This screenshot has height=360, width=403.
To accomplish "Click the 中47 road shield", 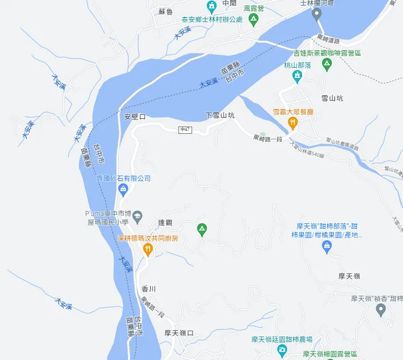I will pos(185,130).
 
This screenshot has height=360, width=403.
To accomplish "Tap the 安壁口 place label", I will pos(135,117).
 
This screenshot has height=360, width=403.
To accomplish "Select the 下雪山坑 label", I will pos(220,115).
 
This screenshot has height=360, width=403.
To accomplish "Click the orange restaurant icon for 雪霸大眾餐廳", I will pos(293,123).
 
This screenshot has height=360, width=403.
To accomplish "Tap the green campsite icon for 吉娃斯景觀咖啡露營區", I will pos(327,65).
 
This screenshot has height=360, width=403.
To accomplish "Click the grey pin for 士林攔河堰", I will pos(316,14).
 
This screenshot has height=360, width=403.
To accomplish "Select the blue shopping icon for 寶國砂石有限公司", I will pos(123,190).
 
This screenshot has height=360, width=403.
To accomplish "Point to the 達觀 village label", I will pos(165,222).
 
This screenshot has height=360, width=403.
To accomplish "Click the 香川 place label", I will pos(149,289).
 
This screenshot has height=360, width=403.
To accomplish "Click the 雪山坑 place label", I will pos(332,99).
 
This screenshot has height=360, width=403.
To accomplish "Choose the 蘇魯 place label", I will pos(166,11).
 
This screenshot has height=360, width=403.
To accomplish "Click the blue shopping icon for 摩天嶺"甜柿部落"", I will pos(327,247).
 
